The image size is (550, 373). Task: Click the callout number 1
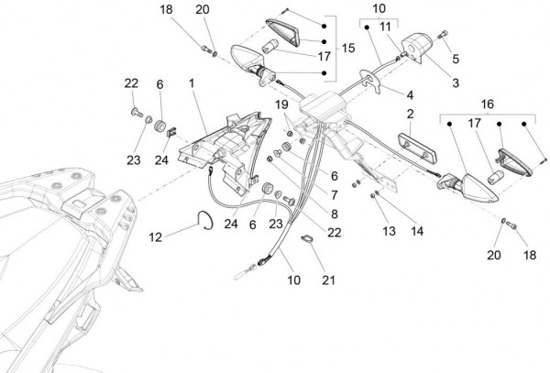[192, 83]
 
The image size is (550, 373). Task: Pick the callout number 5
[456, 59]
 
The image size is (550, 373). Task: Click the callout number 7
[335, 195]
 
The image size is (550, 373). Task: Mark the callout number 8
[335, 214]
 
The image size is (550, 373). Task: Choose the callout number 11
[385, 26]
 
